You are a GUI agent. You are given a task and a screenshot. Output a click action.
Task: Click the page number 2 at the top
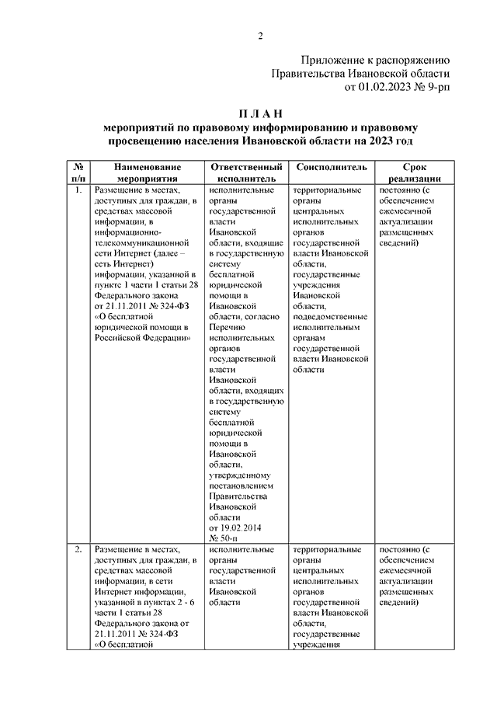click(262, 37)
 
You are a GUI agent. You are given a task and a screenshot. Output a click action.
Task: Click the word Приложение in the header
click(338, 60)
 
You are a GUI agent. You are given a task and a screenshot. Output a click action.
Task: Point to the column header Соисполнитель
click(326, 167)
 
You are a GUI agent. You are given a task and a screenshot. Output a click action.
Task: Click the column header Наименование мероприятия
click(147, 172)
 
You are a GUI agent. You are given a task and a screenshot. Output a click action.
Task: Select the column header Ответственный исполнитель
click(245, 172)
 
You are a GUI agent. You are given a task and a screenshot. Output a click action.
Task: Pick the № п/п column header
click(78, 172)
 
